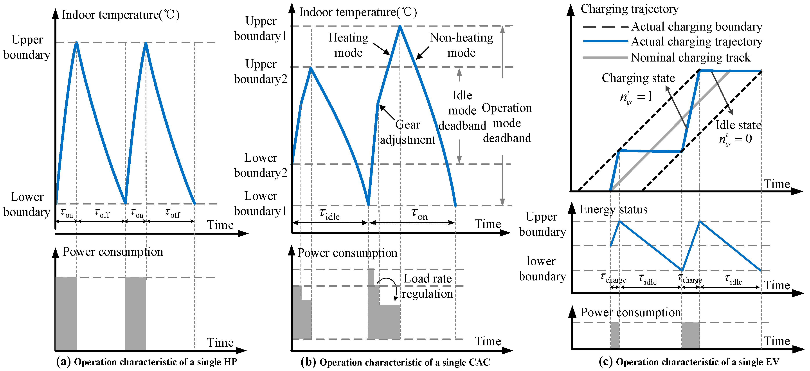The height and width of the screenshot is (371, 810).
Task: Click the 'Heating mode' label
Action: pos(348,45)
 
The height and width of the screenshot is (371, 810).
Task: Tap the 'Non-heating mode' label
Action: pos(461,45)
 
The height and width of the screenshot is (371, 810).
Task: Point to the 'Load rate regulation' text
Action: pos(428,286)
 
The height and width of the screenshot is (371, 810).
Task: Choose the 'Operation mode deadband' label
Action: pos(507,123)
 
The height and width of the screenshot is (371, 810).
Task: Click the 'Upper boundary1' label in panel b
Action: pos(261,29)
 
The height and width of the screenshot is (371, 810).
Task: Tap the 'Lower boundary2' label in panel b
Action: pos(261,165)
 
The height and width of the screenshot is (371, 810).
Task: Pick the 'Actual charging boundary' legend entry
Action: pos(697,27)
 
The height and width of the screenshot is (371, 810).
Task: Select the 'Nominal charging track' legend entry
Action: pos(691,58)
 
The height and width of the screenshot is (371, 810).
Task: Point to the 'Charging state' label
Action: pos(638,78)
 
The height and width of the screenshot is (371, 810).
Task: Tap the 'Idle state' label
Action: pos(738,125)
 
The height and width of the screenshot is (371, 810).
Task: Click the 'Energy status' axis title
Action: pos(614,210)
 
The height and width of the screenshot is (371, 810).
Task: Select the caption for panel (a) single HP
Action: pos(147,362)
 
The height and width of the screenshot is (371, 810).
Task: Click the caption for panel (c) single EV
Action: pos(689,362)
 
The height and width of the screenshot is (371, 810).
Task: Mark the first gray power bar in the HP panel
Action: pos(66,313)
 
